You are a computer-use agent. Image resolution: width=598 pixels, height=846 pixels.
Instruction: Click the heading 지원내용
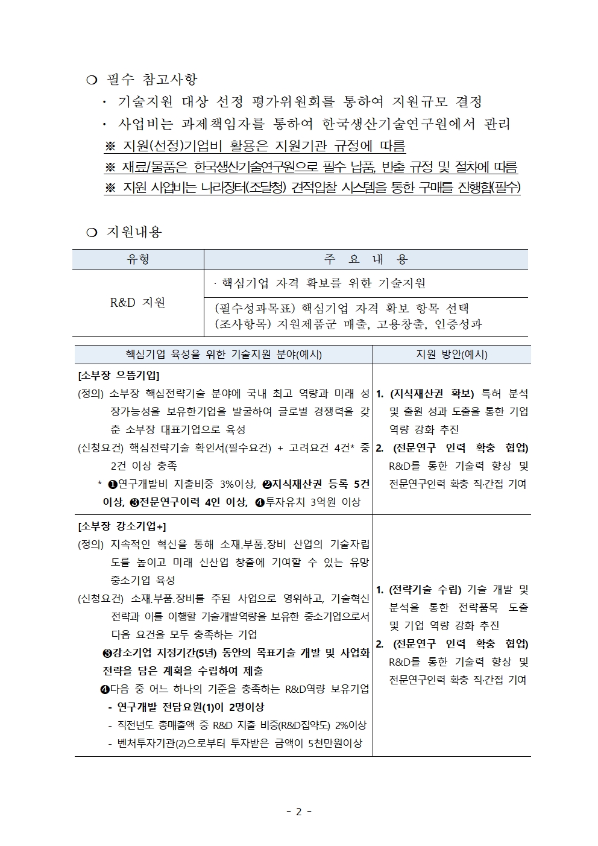[x=134, y=232]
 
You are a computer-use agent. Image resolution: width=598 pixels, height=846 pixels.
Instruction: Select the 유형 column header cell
[x=138, y=259]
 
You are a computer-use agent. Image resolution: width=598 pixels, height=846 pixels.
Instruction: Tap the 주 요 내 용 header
[x=366, y=259]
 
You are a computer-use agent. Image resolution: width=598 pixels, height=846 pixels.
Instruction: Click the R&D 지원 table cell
[x=138, y=303]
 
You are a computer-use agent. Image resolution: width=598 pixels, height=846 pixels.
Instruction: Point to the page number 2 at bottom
[x=298, y=812]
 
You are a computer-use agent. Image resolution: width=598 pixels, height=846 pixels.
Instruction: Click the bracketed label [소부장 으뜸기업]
[x=119, y=375]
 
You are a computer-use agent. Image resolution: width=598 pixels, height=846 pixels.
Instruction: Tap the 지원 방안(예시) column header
[x=452, y=355]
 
